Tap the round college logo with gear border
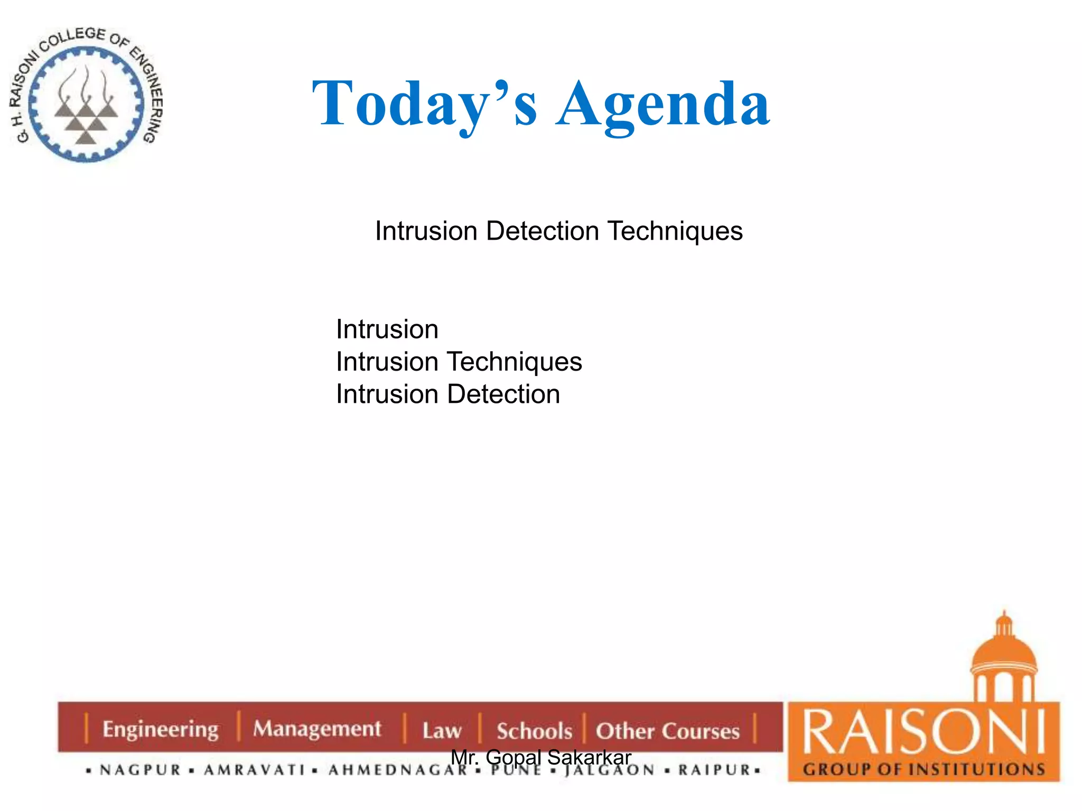point(86,95)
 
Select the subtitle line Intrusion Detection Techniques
point(558,231)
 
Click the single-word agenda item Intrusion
point(387,329)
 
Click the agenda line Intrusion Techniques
point(459,362)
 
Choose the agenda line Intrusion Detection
point(448,394)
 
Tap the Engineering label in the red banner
point(161,729)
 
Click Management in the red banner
point(317,729)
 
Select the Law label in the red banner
point(442,731)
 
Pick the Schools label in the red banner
point(534,731)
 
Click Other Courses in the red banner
point(668,731)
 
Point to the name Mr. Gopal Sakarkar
point(541,757)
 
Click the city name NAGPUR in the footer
point(141,770)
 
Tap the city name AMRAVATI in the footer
point(255,770)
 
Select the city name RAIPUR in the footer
point(714,770)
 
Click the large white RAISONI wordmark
point(924,732)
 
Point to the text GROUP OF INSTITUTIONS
point(924,769)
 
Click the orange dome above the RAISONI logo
point(1004,652)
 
